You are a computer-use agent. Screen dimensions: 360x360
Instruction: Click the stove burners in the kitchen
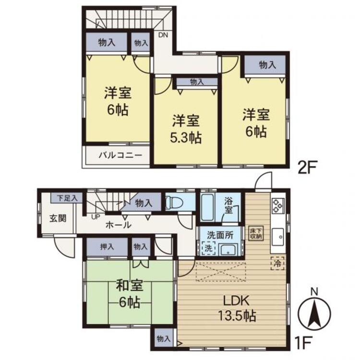click(278, 205)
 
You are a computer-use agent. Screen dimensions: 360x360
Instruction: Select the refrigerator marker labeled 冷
click(278, 263)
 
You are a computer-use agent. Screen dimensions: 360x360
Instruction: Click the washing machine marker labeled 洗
click(208, 249)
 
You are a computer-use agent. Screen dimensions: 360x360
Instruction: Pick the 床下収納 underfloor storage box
click(255, 233)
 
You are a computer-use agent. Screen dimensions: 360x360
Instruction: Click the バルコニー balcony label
click(120, 156)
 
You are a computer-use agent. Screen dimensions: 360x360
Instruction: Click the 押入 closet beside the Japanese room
click(107, 247)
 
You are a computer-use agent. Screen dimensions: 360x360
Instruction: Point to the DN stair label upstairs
click(163, 34)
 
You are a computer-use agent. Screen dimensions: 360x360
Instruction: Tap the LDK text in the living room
click(235, 301)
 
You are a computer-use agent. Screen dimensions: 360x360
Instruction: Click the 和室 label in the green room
click(129, 287)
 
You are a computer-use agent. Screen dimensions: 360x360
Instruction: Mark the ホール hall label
click(118, 224)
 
